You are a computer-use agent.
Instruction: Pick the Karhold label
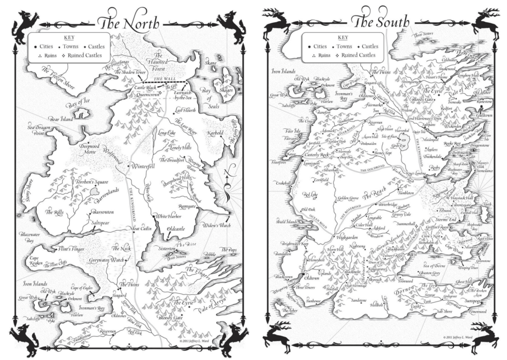213,133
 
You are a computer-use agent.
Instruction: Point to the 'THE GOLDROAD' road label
370,170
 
